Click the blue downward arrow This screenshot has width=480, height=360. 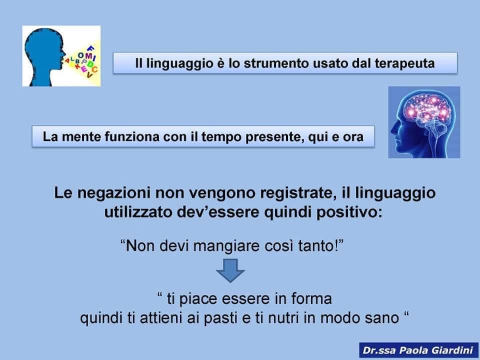click(230, 270)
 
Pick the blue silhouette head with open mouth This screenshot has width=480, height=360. click(44, 56)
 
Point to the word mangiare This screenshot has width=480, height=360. click(226, 246)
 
